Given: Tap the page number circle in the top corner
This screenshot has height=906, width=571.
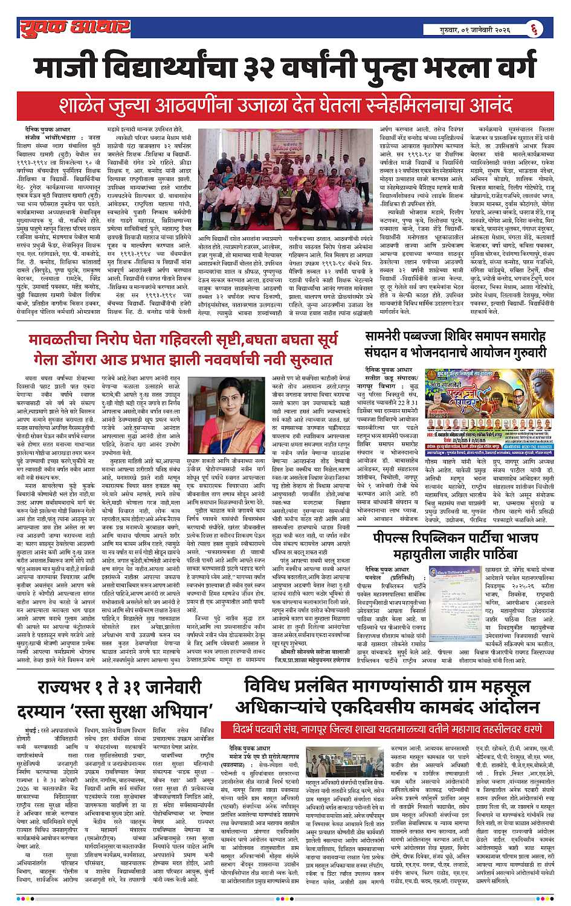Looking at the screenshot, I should tap(534, 28).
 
